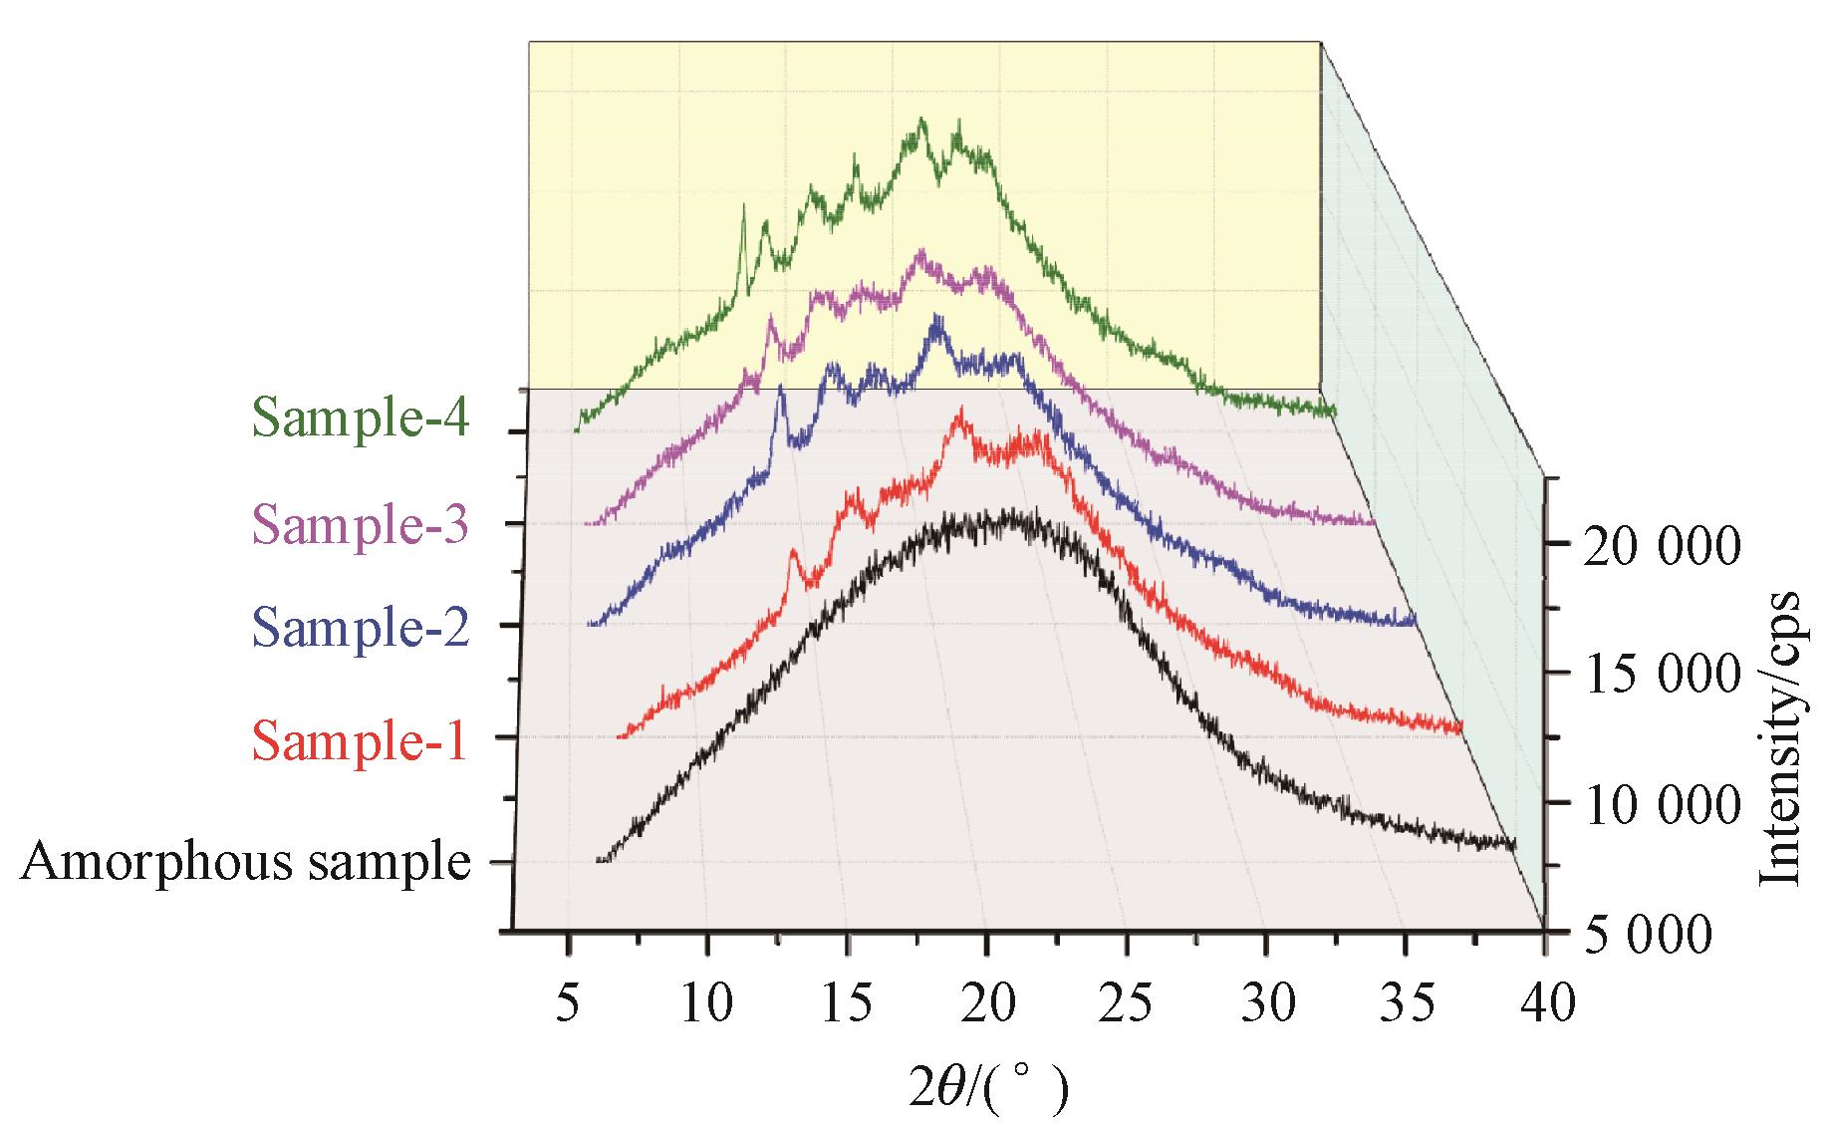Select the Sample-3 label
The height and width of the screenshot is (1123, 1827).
(x=360, y=523)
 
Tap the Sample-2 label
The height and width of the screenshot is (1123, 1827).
(x=361, y=628)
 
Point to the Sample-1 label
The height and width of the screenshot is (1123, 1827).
(x=360, y=739)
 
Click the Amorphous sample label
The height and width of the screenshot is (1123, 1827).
(x=245, y=862)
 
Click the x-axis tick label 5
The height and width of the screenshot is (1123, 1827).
(x=567, y=1003)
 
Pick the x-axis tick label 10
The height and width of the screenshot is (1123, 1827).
(x=706, y=1003)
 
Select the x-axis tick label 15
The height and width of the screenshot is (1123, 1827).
(x=846, y=1003)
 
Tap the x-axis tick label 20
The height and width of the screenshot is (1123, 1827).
(x=986, y=1003)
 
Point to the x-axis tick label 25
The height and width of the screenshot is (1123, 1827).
(x=1126, y=1003)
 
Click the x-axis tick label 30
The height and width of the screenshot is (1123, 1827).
(x=1265, y=1003)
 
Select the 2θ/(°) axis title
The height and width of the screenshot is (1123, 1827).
(x=989, y=1088)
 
